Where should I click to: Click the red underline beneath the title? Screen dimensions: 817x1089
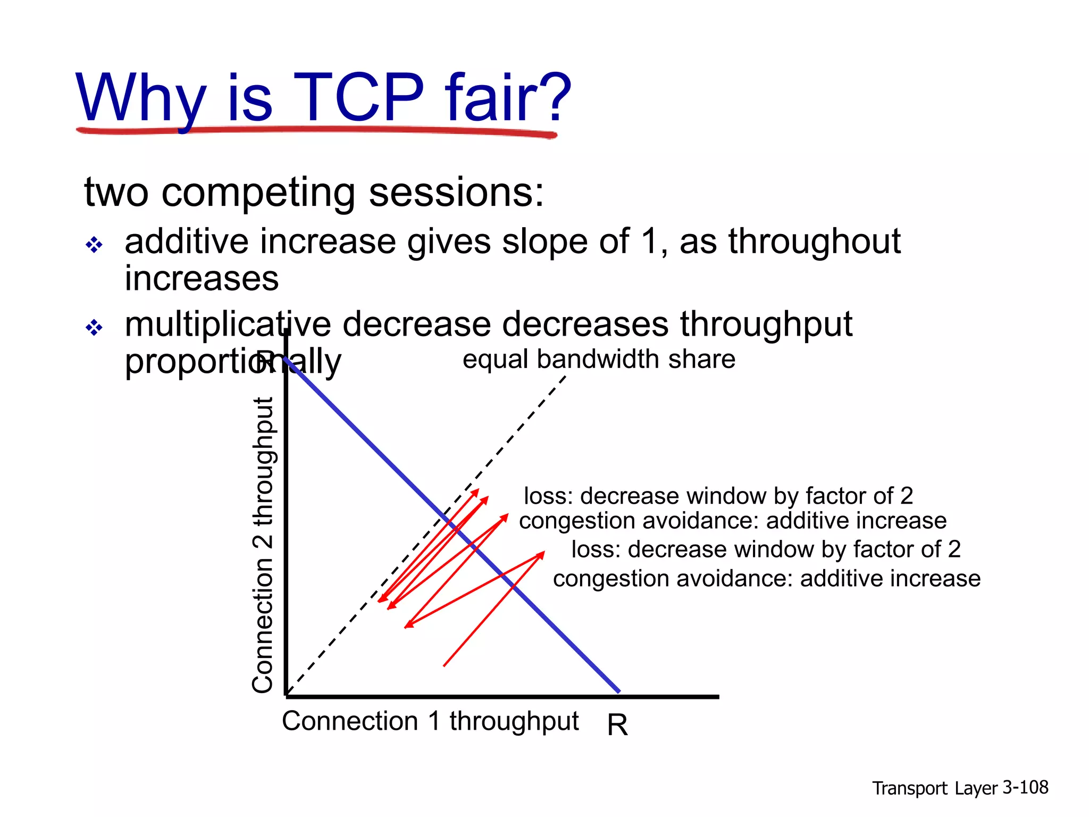(319, 130)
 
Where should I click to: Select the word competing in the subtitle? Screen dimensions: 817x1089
(258, 193)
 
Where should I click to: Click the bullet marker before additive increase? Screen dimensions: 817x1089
(94, 245)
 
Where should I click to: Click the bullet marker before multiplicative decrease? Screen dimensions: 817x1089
(94, 328)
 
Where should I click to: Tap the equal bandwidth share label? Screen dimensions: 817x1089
(599, 360)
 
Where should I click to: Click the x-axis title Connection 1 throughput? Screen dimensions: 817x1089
(430, 722)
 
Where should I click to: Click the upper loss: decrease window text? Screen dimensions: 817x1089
(718, 496)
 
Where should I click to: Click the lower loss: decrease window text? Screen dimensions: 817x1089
(766, 549)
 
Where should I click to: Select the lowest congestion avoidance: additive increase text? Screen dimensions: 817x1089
(766, 579)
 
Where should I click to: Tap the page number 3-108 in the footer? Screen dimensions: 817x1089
(1025, 788)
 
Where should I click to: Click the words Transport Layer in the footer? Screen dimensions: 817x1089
(934, 788)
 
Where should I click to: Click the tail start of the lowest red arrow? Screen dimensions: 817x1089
(444, 665)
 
